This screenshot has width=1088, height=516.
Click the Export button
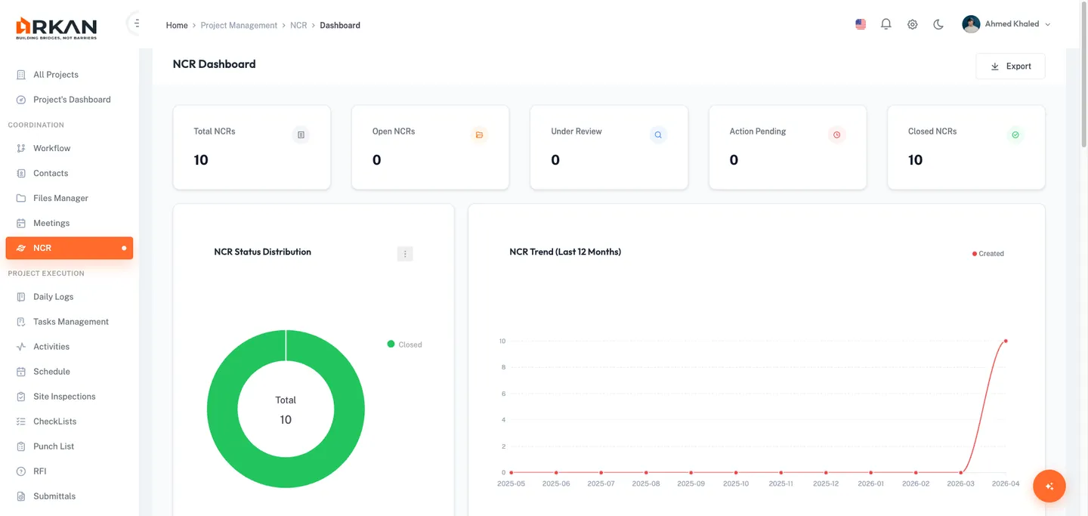tap(1010, 66)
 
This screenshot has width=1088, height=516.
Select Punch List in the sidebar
tap(54, 446)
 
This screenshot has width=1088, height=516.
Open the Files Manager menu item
tap(60, 198)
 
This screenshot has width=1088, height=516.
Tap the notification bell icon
tap(886, 24)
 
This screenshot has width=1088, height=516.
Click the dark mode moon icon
tap(938, 24)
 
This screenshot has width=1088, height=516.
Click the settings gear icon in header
tap(913, 24)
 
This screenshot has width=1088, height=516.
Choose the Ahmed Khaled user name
tap(1012, 24)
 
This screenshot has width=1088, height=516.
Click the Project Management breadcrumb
tap(239, 26)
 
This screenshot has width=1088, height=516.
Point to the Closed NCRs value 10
tap(915, 160)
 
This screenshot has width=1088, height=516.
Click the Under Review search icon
tap(658, 135)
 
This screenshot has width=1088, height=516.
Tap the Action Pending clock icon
tap(836, 135)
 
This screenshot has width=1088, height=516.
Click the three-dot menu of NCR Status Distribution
tap(405, 254)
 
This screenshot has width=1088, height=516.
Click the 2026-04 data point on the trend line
tap(1006, 341)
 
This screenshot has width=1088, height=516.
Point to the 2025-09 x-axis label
tap(691, 484)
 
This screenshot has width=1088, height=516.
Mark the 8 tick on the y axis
tap(502, 367)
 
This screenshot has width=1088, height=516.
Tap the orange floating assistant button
tap(1049, 487)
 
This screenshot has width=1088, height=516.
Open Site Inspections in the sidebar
tap(64, 397)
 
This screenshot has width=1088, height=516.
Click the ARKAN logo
tap(56, 28)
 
